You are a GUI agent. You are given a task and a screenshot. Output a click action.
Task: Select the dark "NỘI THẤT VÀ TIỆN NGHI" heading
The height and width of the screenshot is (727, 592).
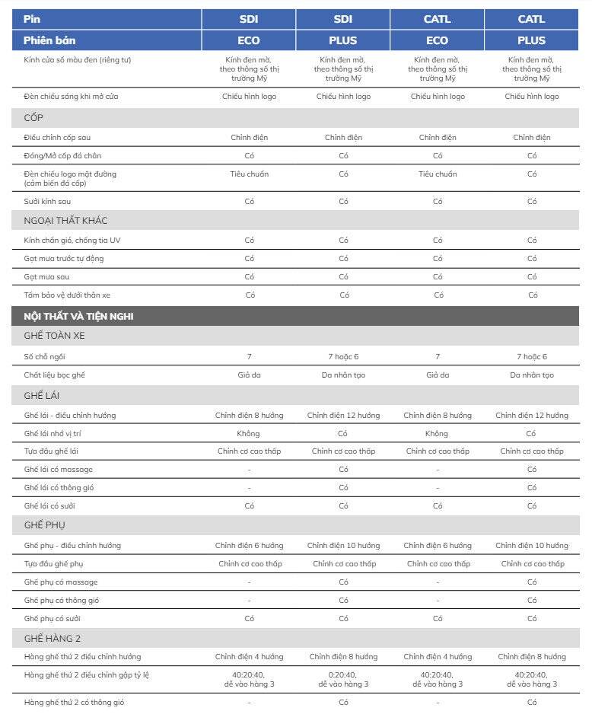[78, 316]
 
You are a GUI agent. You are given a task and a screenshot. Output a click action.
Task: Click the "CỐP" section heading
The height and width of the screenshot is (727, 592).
[33, 118]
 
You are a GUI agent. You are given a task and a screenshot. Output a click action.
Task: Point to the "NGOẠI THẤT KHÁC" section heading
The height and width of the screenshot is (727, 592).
[65, 221]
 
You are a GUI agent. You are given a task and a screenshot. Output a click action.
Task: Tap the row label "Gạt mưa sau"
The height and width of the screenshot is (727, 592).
[45, 276]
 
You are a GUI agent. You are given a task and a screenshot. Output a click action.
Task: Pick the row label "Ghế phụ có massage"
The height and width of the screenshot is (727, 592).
[61, 582]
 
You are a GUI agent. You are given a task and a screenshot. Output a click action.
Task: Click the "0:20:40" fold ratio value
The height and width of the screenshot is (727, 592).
[343, 674]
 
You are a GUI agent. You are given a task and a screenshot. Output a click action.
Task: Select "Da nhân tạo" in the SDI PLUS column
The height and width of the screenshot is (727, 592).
[343, 375]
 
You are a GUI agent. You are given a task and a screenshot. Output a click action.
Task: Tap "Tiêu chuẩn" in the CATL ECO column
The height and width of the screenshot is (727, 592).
[438, 174]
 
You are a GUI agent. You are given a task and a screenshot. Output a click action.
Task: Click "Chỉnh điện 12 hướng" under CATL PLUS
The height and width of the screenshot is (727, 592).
[532, 416]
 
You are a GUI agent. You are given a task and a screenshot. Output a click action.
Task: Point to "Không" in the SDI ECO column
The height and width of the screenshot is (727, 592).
[249, 434]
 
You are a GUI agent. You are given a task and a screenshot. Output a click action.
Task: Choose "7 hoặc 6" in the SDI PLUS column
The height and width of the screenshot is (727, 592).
[343, 357]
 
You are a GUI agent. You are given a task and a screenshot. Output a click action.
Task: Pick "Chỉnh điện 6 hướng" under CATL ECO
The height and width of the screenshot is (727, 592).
[438, 546]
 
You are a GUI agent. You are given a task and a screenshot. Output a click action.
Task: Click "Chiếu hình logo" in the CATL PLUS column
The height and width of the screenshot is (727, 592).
[532, 97]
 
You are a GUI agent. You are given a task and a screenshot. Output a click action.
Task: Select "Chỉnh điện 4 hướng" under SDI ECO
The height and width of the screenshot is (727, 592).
[249, 657]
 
